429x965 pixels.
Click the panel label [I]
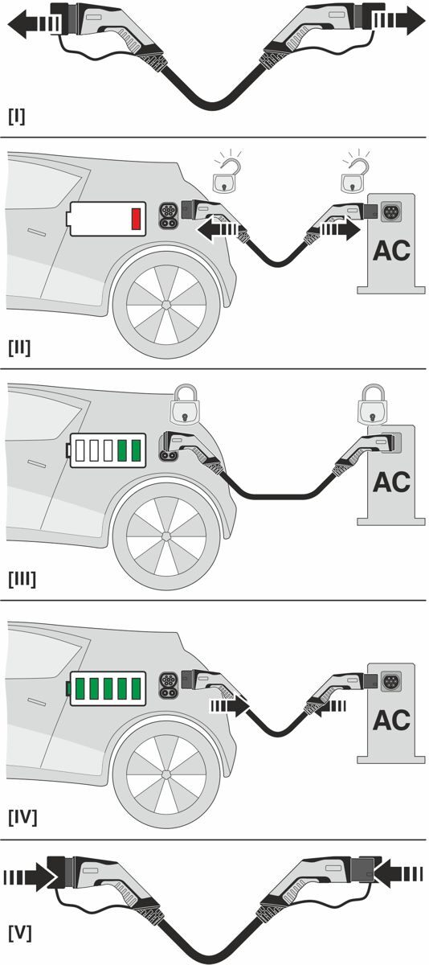click(x=16, y=117)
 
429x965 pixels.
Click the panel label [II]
click(x=19, y=347)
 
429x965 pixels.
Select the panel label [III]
click(x=22, y=580)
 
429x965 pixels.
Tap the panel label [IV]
click(x=22, y=817)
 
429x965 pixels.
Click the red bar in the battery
click(x=137, y=219)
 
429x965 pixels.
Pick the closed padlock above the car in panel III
click(x=185, y=406)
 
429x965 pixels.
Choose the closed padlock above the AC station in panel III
click(x=373, y=406)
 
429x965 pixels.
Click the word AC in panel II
click(x=391, y=251)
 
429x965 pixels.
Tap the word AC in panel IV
click(x=391, y=720)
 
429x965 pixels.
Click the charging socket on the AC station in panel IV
click(x=391, y=682)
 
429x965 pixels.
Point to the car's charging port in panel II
click(x=168, y=215)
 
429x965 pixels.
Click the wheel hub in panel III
click(x=166, y=536)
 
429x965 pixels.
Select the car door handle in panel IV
click(x=38, y=701)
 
